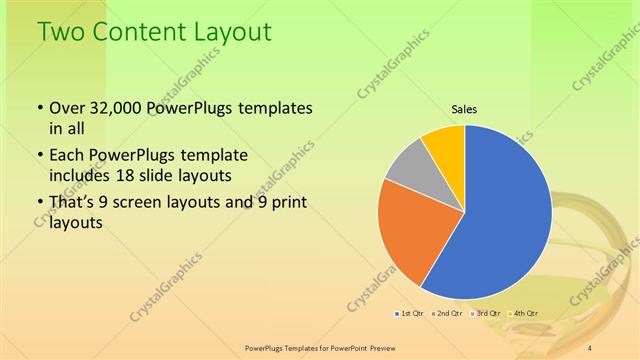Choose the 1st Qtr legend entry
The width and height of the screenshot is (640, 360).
[410, 314]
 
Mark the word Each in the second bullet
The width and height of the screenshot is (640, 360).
[67, 157]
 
